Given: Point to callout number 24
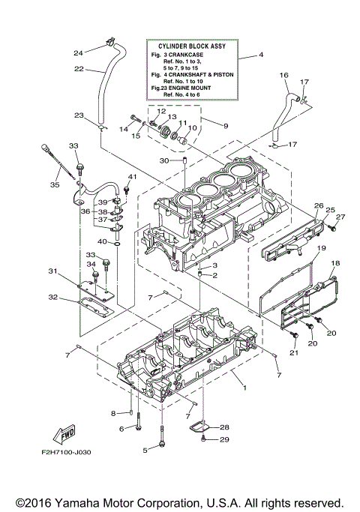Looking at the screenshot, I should point(78,52).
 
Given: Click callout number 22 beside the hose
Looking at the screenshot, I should point(78,68).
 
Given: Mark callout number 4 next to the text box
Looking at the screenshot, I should point(260,56).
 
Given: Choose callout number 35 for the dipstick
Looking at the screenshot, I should point(54,184).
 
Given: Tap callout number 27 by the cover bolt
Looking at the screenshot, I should point(339,217).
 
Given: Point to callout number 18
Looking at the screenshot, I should point(335,263).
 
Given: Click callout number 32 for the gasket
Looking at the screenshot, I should point(52,298).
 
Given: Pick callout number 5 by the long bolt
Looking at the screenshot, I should point(145,450).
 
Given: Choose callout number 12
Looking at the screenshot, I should point(161,111).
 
